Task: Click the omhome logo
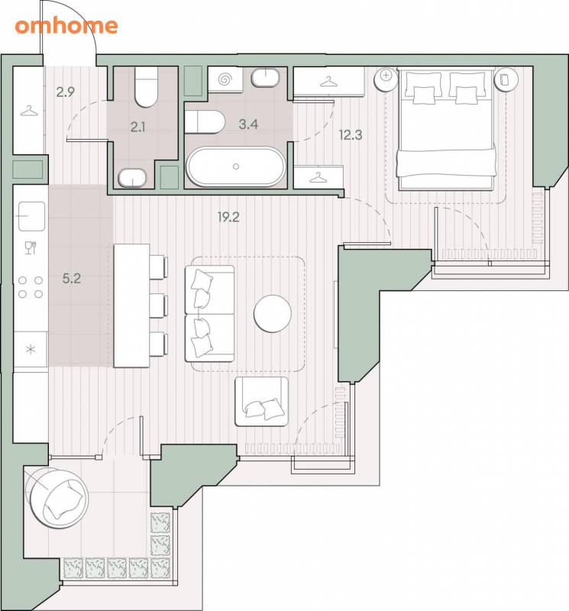(66, 26)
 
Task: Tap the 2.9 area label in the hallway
(65, 92)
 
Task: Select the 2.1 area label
(138, 127)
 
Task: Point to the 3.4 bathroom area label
(248, 124)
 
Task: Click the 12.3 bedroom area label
(351, 135)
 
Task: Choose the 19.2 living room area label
(228, 217)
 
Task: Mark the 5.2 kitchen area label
(72, 278)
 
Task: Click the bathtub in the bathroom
(236, 166)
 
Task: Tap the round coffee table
(273, 313)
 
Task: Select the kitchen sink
(31, 216)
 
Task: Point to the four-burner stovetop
(31, 287)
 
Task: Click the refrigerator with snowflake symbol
(31, 349)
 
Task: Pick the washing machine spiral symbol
(225, 80)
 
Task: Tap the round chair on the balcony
(59, 499)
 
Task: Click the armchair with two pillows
(261, 402)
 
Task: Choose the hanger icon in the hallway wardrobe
(30, 111)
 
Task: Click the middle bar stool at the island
(159, 306)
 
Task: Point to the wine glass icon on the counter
(31, 247)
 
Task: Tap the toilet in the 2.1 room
(146, 86)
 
